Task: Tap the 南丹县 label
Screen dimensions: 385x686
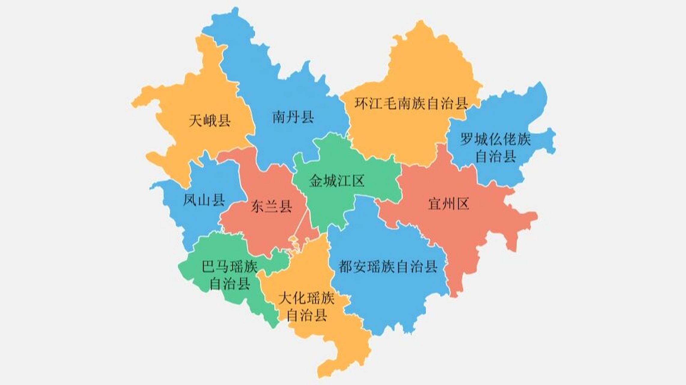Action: [x=293, y=117]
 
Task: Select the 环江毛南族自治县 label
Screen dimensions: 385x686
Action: [x=411, y=103]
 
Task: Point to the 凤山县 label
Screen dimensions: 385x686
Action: [x=204, y=200]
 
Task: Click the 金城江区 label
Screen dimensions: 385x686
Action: [x=337, y=181]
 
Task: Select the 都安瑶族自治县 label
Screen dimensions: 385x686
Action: [x=388, y=266]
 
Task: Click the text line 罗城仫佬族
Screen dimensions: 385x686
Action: [x=496, y=139]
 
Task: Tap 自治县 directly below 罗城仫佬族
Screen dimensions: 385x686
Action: [x=496, y=156]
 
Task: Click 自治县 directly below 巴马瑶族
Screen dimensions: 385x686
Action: [x=230, y=284]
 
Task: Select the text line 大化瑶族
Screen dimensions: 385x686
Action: [x=307, y=298]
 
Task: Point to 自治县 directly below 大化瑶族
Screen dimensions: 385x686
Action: [x=307, y=316]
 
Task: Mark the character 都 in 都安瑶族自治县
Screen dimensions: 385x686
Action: [x=345, y=266]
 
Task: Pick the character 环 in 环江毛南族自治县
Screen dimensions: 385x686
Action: [x=361, y=103]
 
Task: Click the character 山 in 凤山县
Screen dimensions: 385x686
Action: [x=204, y=200]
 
